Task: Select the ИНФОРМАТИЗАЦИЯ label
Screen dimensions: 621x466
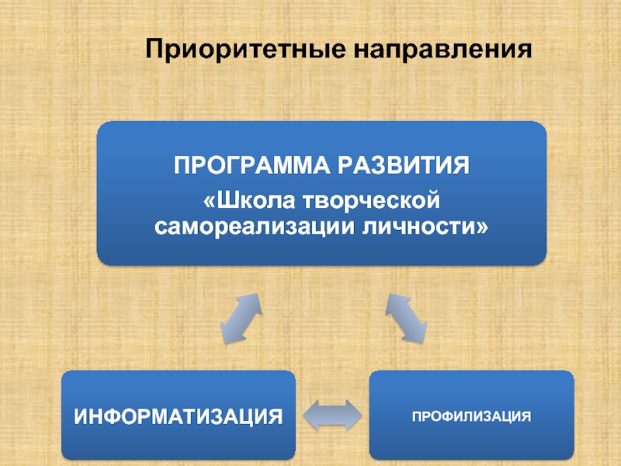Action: pos(178,416)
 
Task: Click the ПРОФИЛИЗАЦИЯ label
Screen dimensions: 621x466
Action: pos(471,416)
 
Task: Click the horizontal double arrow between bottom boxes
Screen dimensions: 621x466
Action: pos(331,416)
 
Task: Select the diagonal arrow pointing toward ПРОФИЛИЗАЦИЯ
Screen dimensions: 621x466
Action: pos(406,318)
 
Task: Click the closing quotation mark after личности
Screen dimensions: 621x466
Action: pos(484,228)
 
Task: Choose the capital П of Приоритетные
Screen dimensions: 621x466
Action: pos(156,51)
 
